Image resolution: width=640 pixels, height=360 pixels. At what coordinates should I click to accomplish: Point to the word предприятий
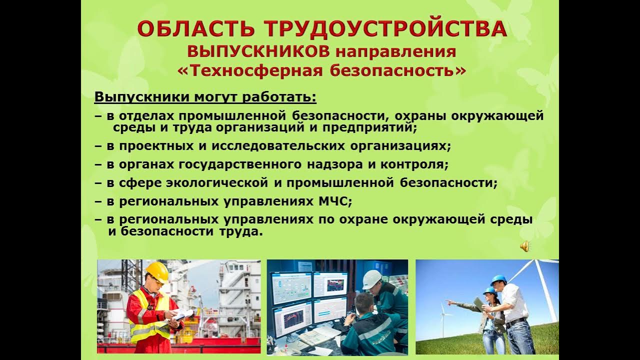point(370,127)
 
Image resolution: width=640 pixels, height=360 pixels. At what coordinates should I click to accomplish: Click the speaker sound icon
point(524,246)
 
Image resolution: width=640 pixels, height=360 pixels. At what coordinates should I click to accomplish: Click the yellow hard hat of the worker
point(157,271)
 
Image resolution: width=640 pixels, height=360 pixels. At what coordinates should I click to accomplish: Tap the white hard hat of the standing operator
point(371,278)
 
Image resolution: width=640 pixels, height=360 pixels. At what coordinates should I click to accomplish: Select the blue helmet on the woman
point(489,290)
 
